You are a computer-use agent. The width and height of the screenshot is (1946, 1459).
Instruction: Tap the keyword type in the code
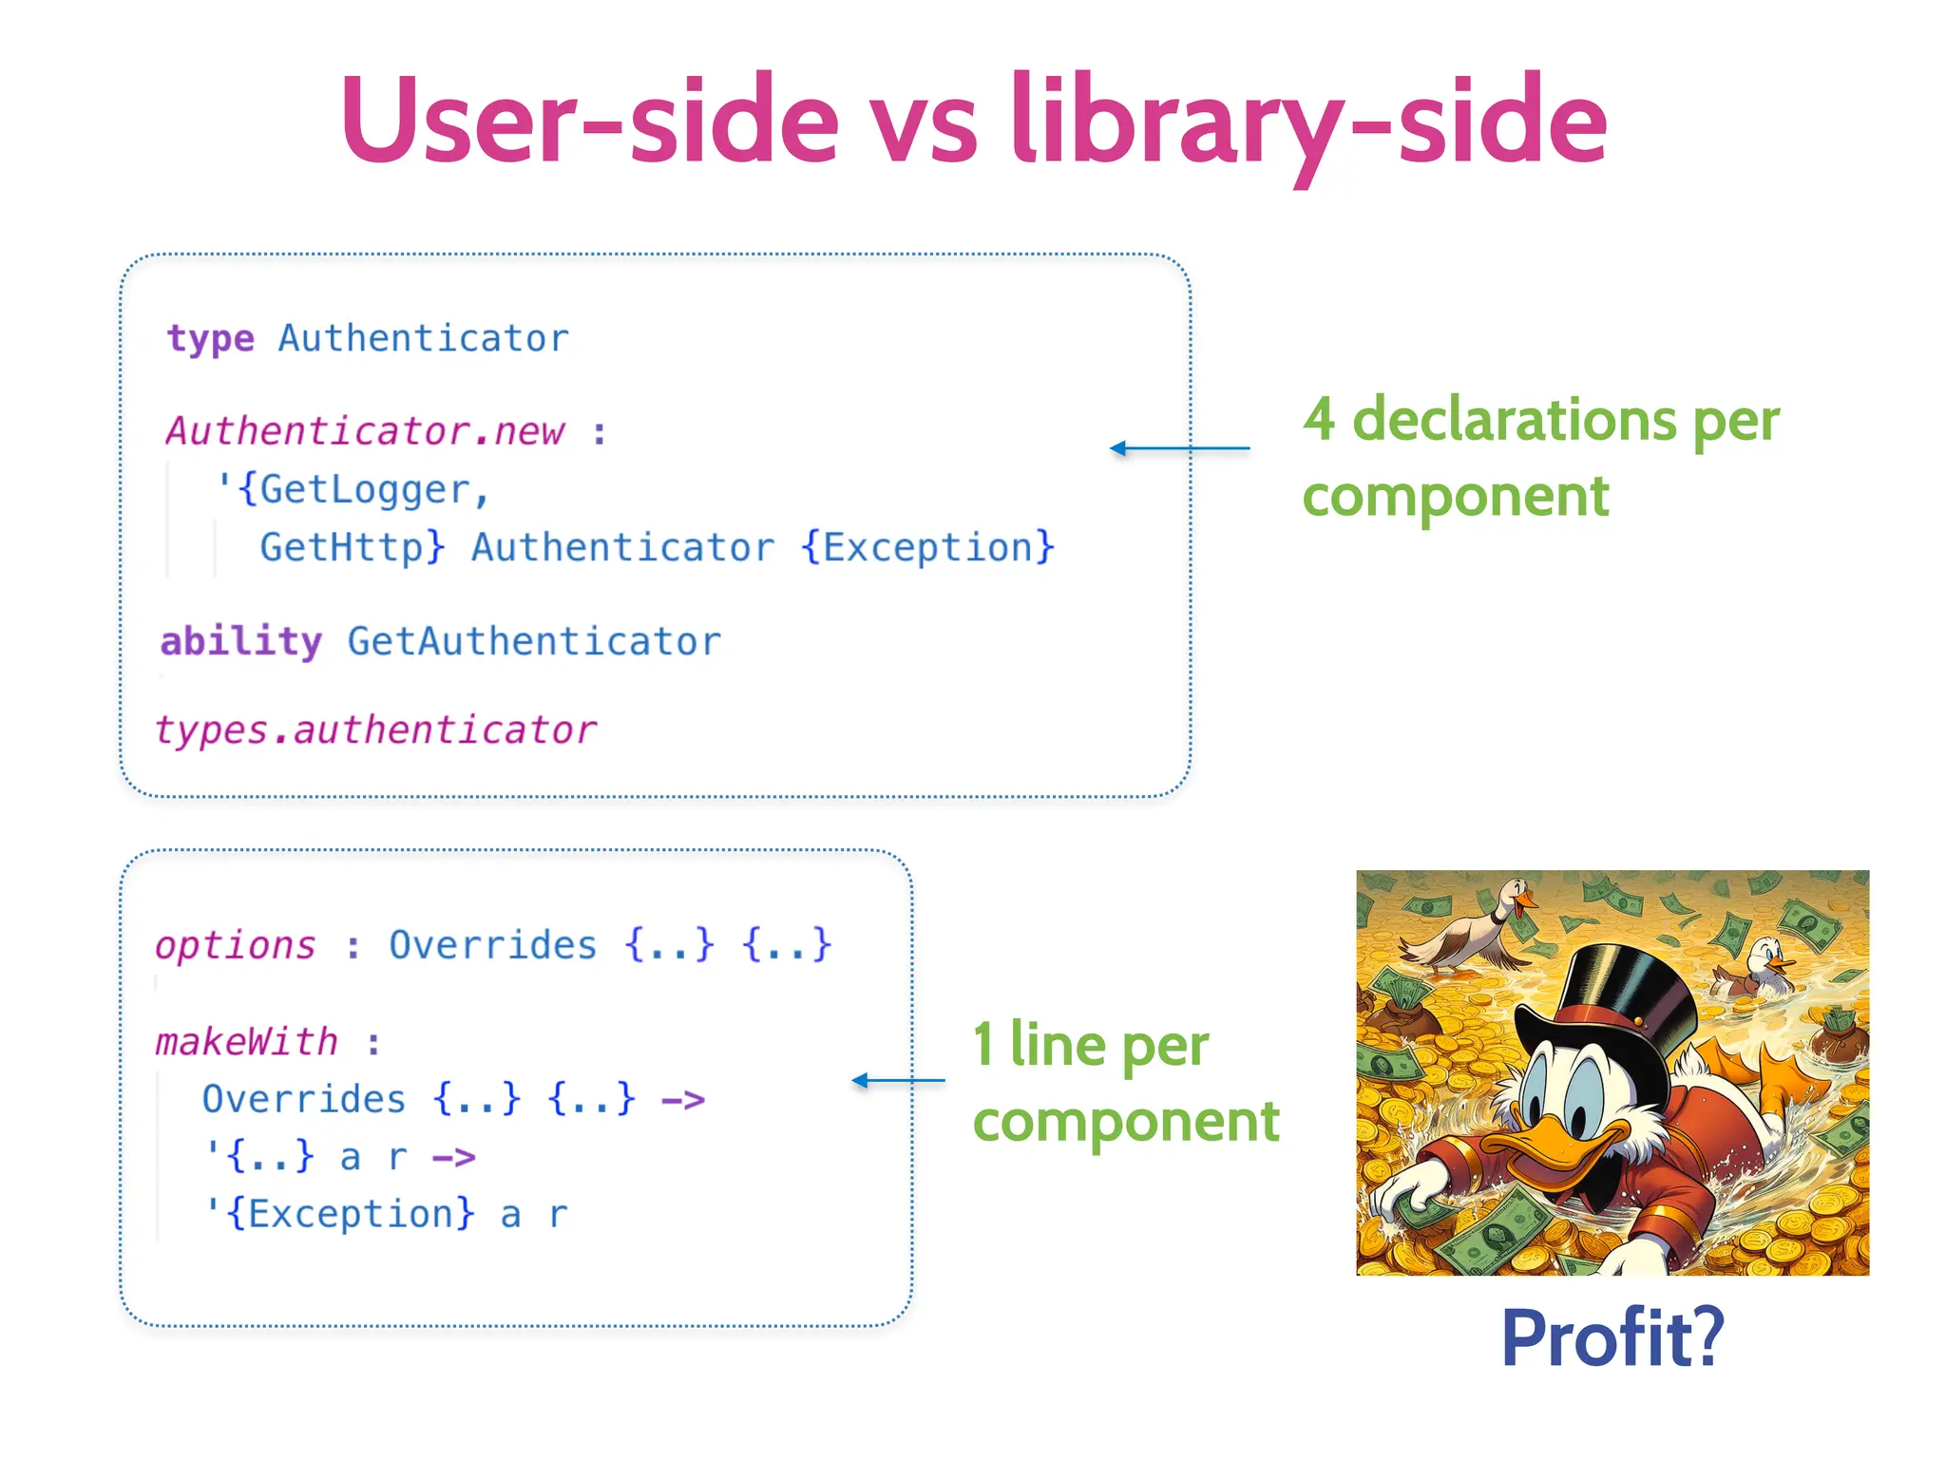pyautogui.click(x=210, y=339)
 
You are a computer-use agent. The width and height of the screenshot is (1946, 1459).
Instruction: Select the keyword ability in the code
pyautogui.click(x=241, y=642)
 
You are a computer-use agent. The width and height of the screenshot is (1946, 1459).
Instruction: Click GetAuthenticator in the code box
pyautogui.click(x=534, y=642)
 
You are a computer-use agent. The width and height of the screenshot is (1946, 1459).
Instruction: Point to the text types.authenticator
pyautogui.click(x=376, y=730)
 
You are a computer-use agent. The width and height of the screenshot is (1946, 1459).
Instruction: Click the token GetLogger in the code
pyautogui.click(x=365, y=490)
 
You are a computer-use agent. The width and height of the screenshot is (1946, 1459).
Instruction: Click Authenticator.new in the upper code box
pyautogui.click(x=366, y=432)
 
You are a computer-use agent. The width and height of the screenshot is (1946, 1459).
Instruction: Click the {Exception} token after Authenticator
pyautogui.click(x=928, y=548)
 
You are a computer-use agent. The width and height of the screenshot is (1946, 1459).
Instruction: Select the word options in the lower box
pyautogui.click(x=236, y=946)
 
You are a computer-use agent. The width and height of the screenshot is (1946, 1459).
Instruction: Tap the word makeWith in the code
pyautogui.click(x=247, y=1043)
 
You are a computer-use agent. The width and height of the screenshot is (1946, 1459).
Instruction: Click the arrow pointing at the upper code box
pyautogui.click(x=1179, y=448)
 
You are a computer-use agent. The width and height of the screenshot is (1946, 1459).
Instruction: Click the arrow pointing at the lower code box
pyautogui.click(x=898, y=1080)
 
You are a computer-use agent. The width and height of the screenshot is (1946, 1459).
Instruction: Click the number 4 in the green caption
pyautogui.click(x=1319, y=419)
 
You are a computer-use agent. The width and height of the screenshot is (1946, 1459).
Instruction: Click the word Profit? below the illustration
pyautogui.click(x=1612, y=1337)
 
